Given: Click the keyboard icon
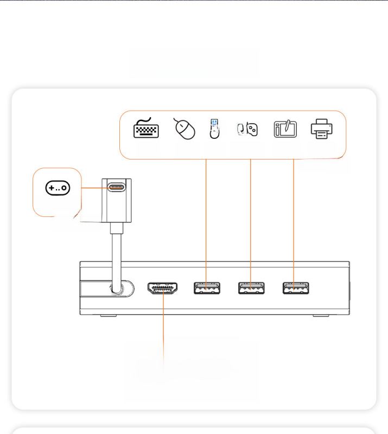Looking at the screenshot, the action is coord(146,129).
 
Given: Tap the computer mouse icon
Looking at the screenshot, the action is coord(184,129).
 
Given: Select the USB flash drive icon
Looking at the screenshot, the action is coord(215,129).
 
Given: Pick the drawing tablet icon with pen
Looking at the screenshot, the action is coord(285,130).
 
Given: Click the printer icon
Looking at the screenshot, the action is coord(321,129).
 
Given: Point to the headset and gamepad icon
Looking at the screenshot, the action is coord(247,129).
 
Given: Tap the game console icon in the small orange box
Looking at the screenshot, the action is coord(58,188).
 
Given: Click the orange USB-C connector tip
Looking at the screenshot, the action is coord(116,188).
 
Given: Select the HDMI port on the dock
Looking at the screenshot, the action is coord(163,288).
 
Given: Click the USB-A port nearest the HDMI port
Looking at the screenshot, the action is coord(207,288).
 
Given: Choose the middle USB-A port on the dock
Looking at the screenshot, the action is coord(251,288).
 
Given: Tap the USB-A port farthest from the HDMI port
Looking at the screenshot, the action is coord(295,288).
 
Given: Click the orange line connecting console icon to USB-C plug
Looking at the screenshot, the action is coord(92,188).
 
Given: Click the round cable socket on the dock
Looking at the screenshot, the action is coord(117,288).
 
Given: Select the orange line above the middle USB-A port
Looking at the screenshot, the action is coord(251,217).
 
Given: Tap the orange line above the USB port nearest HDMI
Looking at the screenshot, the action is coord(207,217).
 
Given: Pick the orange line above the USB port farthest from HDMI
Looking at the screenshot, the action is coord(294,217).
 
